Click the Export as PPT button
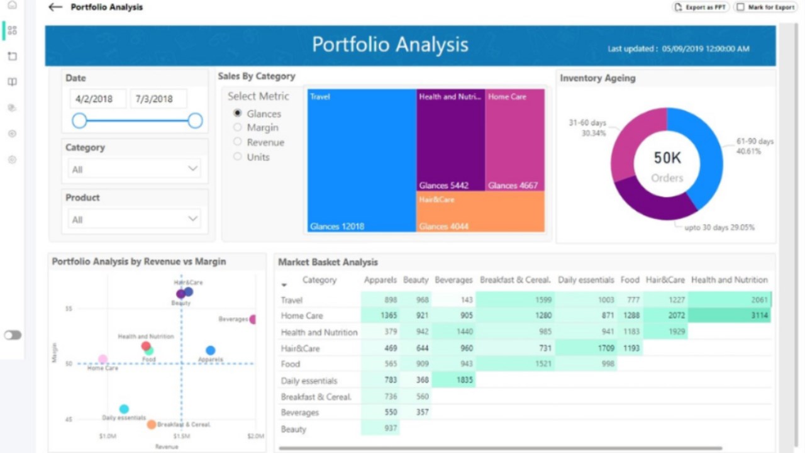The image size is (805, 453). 701,8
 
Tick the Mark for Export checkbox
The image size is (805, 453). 741,8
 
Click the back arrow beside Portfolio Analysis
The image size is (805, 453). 55,8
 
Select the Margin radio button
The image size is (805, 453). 238,128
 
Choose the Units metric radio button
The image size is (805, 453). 238,157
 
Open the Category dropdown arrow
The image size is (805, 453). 193,169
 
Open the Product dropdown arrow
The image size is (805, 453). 193,219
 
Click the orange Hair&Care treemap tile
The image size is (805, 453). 480,211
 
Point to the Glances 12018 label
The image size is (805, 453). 337,226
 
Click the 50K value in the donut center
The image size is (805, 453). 667,158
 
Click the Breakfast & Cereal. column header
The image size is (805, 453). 515,280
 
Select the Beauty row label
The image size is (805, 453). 294,429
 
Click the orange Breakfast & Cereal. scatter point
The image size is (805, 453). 151,424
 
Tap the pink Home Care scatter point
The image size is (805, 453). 103,359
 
